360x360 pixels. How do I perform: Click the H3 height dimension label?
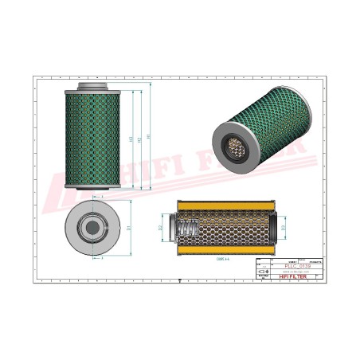click(x=130, y=139)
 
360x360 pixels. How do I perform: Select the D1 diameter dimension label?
click(x=128, y=228)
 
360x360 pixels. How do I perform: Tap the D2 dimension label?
click(x=161, y=229)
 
